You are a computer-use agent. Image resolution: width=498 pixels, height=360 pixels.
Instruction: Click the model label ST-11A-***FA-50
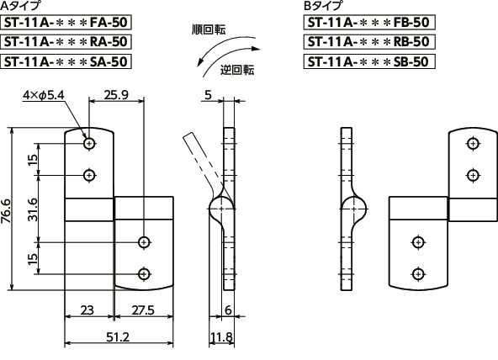[x=66, y=23]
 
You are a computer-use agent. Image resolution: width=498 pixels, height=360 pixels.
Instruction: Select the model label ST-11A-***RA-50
[x=66, y=41]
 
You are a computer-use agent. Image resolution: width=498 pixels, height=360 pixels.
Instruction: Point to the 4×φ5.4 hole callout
[x=43, y=95]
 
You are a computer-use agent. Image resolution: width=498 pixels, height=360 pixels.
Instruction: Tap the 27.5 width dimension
[x=143, y=310]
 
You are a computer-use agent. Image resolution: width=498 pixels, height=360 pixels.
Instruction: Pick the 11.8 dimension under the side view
[x=220, y=337]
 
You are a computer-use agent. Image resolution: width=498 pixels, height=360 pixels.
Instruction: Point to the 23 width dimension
[x=88, y=310]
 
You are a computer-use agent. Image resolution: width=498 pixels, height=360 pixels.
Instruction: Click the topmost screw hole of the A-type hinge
[x=89, y=144]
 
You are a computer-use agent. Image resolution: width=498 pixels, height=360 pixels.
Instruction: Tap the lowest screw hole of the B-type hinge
[x=416, y=273]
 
